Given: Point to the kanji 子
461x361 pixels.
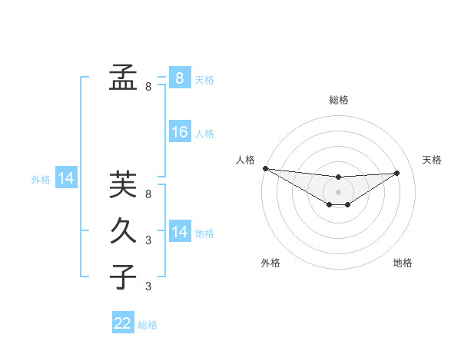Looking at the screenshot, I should tap(123, 276).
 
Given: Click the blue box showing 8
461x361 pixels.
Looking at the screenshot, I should tap(179, 78).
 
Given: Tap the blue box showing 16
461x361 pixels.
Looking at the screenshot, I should tap(179, 132).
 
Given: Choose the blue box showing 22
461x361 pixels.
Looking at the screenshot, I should tap(123, 323).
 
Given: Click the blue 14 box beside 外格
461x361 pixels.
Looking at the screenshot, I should tap(66, 178).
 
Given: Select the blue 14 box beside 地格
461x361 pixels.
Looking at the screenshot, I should tap(179, 231).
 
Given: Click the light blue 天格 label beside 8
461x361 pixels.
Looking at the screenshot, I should tap(204, 80).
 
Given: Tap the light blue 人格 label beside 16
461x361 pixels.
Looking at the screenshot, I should tap(204, 134).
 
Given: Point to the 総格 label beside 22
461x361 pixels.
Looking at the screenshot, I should tap(148, 325).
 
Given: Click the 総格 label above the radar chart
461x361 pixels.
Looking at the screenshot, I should tap(339, 100).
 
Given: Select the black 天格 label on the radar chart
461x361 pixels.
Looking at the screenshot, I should tap(433, 160).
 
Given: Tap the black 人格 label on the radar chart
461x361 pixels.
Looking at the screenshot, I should tap(245, 160).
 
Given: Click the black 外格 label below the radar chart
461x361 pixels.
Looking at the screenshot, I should tap(270, 263).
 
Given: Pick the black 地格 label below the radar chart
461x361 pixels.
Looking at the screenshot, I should tap(403, 263).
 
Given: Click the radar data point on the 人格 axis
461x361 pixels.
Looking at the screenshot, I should tap(265, 168).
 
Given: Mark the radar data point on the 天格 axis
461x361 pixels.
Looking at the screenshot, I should tap(397, 173).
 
